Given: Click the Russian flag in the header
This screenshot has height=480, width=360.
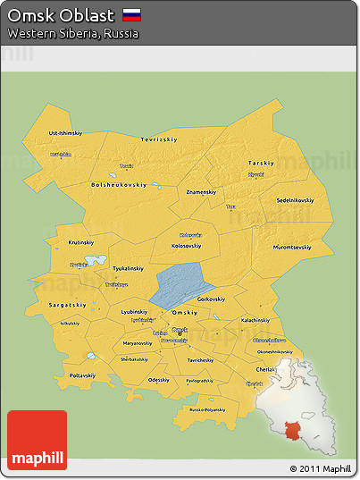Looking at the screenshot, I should (x=131, y=14).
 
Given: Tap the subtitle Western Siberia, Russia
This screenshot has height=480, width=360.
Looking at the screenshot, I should (x=73, y=33).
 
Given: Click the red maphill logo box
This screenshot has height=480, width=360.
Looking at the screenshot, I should (x=37, y=439).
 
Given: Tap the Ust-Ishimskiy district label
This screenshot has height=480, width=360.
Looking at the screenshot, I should (x=66, y=132).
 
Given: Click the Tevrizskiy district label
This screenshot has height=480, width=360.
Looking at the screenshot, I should (x=159, y=139).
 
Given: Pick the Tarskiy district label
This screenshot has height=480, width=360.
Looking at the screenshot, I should (x=261, y=164).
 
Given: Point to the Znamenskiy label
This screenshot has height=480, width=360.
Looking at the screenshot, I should (x=201, y=191).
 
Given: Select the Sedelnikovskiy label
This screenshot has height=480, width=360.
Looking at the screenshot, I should (x=295, y=200).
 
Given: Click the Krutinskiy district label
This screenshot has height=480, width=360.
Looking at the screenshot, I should (x=81, y=242).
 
